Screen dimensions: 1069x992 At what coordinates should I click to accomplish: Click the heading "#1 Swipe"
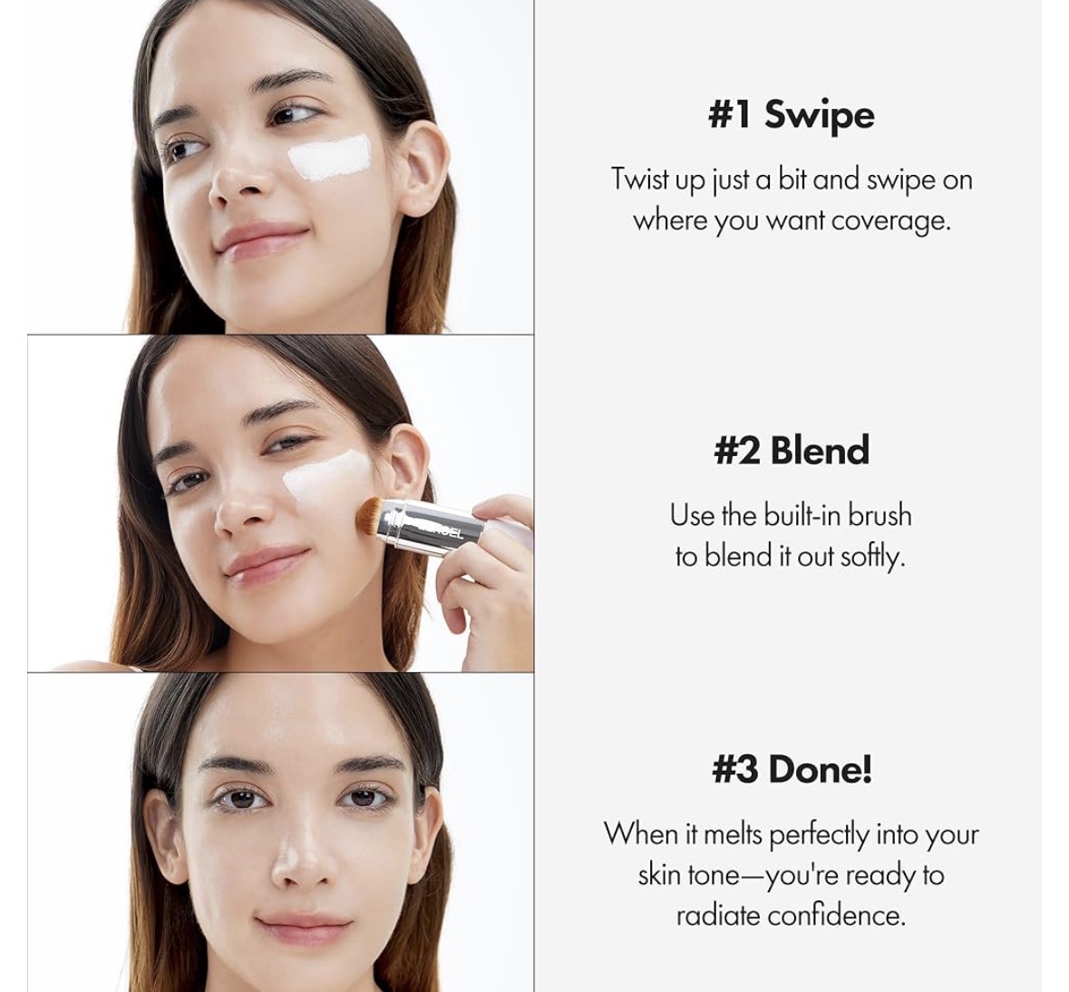(x=791, y=114)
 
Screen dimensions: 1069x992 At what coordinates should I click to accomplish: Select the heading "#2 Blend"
(x=792, y=450)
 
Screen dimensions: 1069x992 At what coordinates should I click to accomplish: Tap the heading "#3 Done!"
(x=792, y=769)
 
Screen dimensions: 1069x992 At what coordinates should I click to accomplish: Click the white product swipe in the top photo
(x=330, y=158)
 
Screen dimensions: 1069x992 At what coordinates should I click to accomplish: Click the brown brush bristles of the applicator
(x=370, y=515)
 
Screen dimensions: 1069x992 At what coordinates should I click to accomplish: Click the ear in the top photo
(x=422, y=167)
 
